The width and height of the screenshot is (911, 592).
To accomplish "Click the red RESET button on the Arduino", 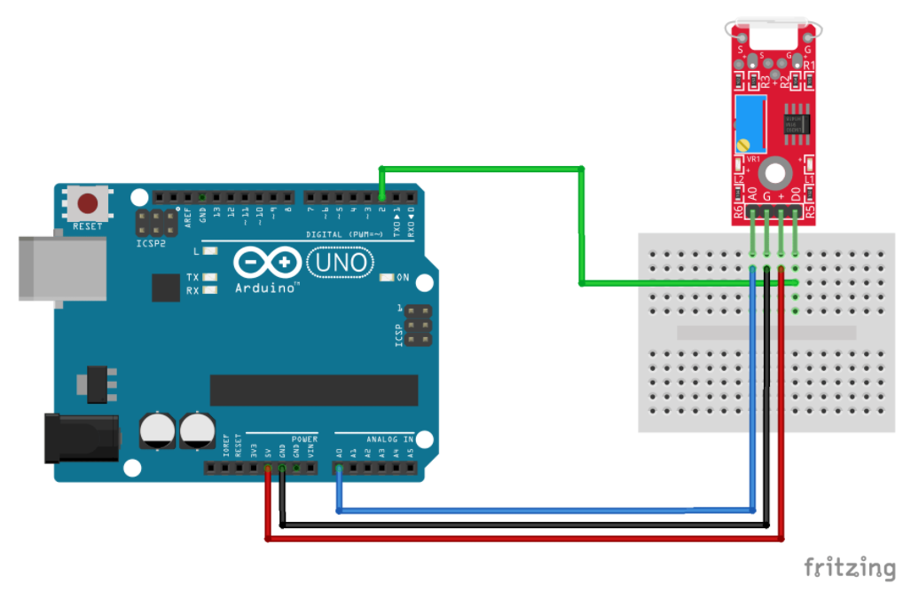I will click(88, 204).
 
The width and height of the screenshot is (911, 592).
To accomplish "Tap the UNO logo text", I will click(341, 263).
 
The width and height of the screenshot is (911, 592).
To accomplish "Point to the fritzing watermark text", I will click(849, 567).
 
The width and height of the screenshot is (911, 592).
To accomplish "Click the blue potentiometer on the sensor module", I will click(750, 122).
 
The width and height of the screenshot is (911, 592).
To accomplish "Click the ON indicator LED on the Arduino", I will click(386, 278).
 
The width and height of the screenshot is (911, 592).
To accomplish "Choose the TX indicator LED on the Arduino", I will click(209, 278).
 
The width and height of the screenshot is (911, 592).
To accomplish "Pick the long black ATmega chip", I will click(313, 390).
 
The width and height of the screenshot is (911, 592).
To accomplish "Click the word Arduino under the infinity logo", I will click(266, 288).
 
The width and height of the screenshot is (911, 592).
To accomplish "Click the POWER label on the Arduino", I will click(304, 439).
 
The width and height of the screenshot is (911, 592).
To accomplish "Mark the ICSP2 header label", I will click(151, 242).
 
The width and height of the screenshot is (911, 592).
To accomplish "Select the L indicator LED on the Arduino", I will click(209, 252).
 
